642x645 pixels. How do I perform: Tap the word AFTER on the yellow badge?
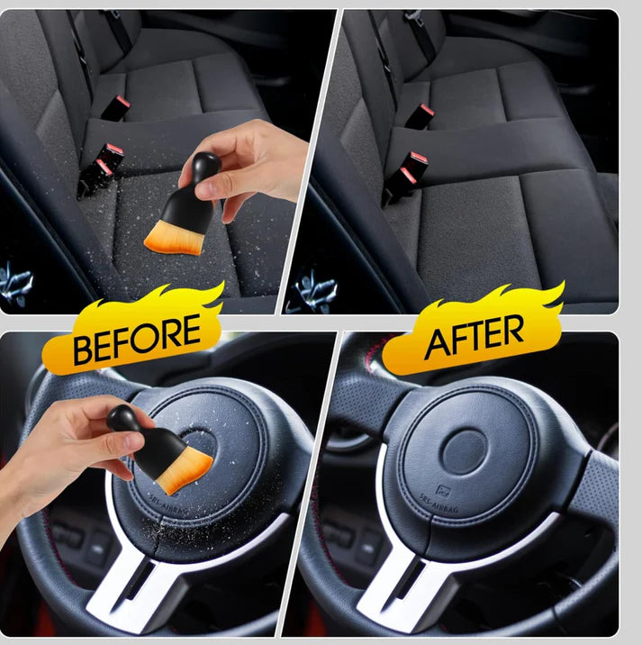tap(474, 338)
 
